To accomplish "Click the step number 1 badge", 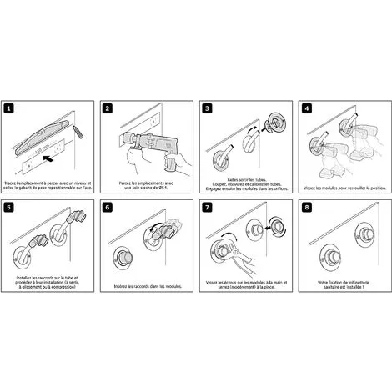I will tap(9, 108).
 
